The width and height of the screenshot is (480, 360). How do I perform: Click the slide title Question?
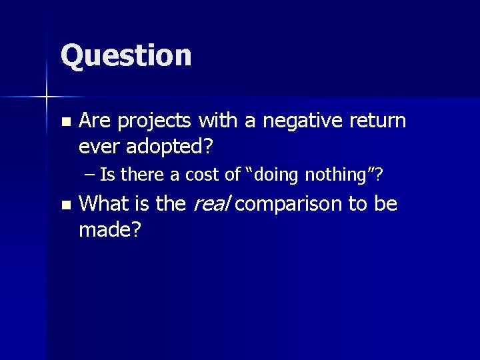pyautogui.click(x=126, y=55)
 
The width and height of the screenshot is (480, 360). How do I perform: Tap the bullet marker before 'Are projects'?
pyautogui.click(x=64, y=123)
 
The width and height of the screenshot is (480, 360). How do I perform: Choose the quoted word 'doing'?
pyautogui.click(x=278, y=175)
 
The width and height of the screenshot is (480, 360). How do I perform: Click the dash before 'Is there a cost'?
pyautogui.click(x=91, y=175)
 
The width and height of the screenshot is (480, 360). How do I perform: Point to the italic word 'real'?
pyautogui.click(x=210, y=204)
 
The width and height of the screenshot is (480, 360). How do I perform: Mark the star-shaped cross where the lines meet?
pyautogui.click(x=47, y=97)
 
